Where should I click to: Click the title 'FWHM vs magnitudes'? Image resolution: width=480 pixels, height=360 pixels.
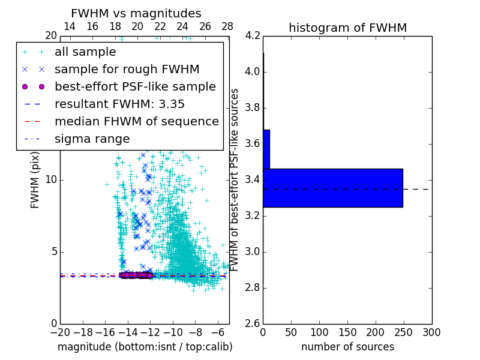136,14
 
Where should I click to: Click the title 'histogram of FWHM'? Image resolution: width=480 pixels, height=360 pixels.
347,28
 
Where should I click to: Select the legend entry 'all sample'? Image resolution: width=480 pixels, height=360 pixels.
85,52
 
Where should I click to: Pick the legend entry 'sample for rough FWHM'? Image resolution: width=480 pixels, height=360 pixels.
127,70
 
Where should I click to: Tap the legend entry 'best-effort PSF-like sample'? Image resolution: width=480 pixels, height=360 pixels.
135,87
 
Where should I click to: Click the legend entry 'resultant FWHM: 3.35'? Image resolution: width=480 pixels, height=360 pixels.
119,104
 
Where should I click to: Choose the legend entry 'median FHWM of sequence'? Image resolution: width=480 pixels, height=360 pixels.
136,122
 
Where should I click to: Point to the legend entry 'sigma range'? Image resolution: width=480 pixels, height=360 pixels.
92,139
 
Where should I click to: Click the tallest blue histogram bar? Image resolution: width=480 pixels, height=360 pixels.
332,188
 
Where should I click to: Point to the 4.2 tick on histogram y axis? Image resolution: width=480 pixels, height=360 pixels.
253,36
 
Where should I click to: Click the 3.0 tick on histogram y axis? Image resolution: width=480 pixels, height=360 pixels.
253,251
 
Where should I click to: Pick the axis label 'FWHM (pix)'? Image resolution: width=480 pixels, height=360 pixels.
35,180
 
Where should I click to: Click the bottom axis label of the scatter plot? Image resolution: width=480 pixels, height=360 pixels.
145,347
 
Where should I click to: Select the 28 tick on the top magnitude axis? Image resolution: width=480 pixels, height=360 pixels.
227,26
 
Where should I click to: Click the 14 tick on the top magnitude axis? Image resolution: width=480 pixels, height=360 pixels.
70,26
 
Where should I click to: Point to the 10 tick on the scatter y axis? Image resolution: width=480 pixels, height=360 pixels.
50,180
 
